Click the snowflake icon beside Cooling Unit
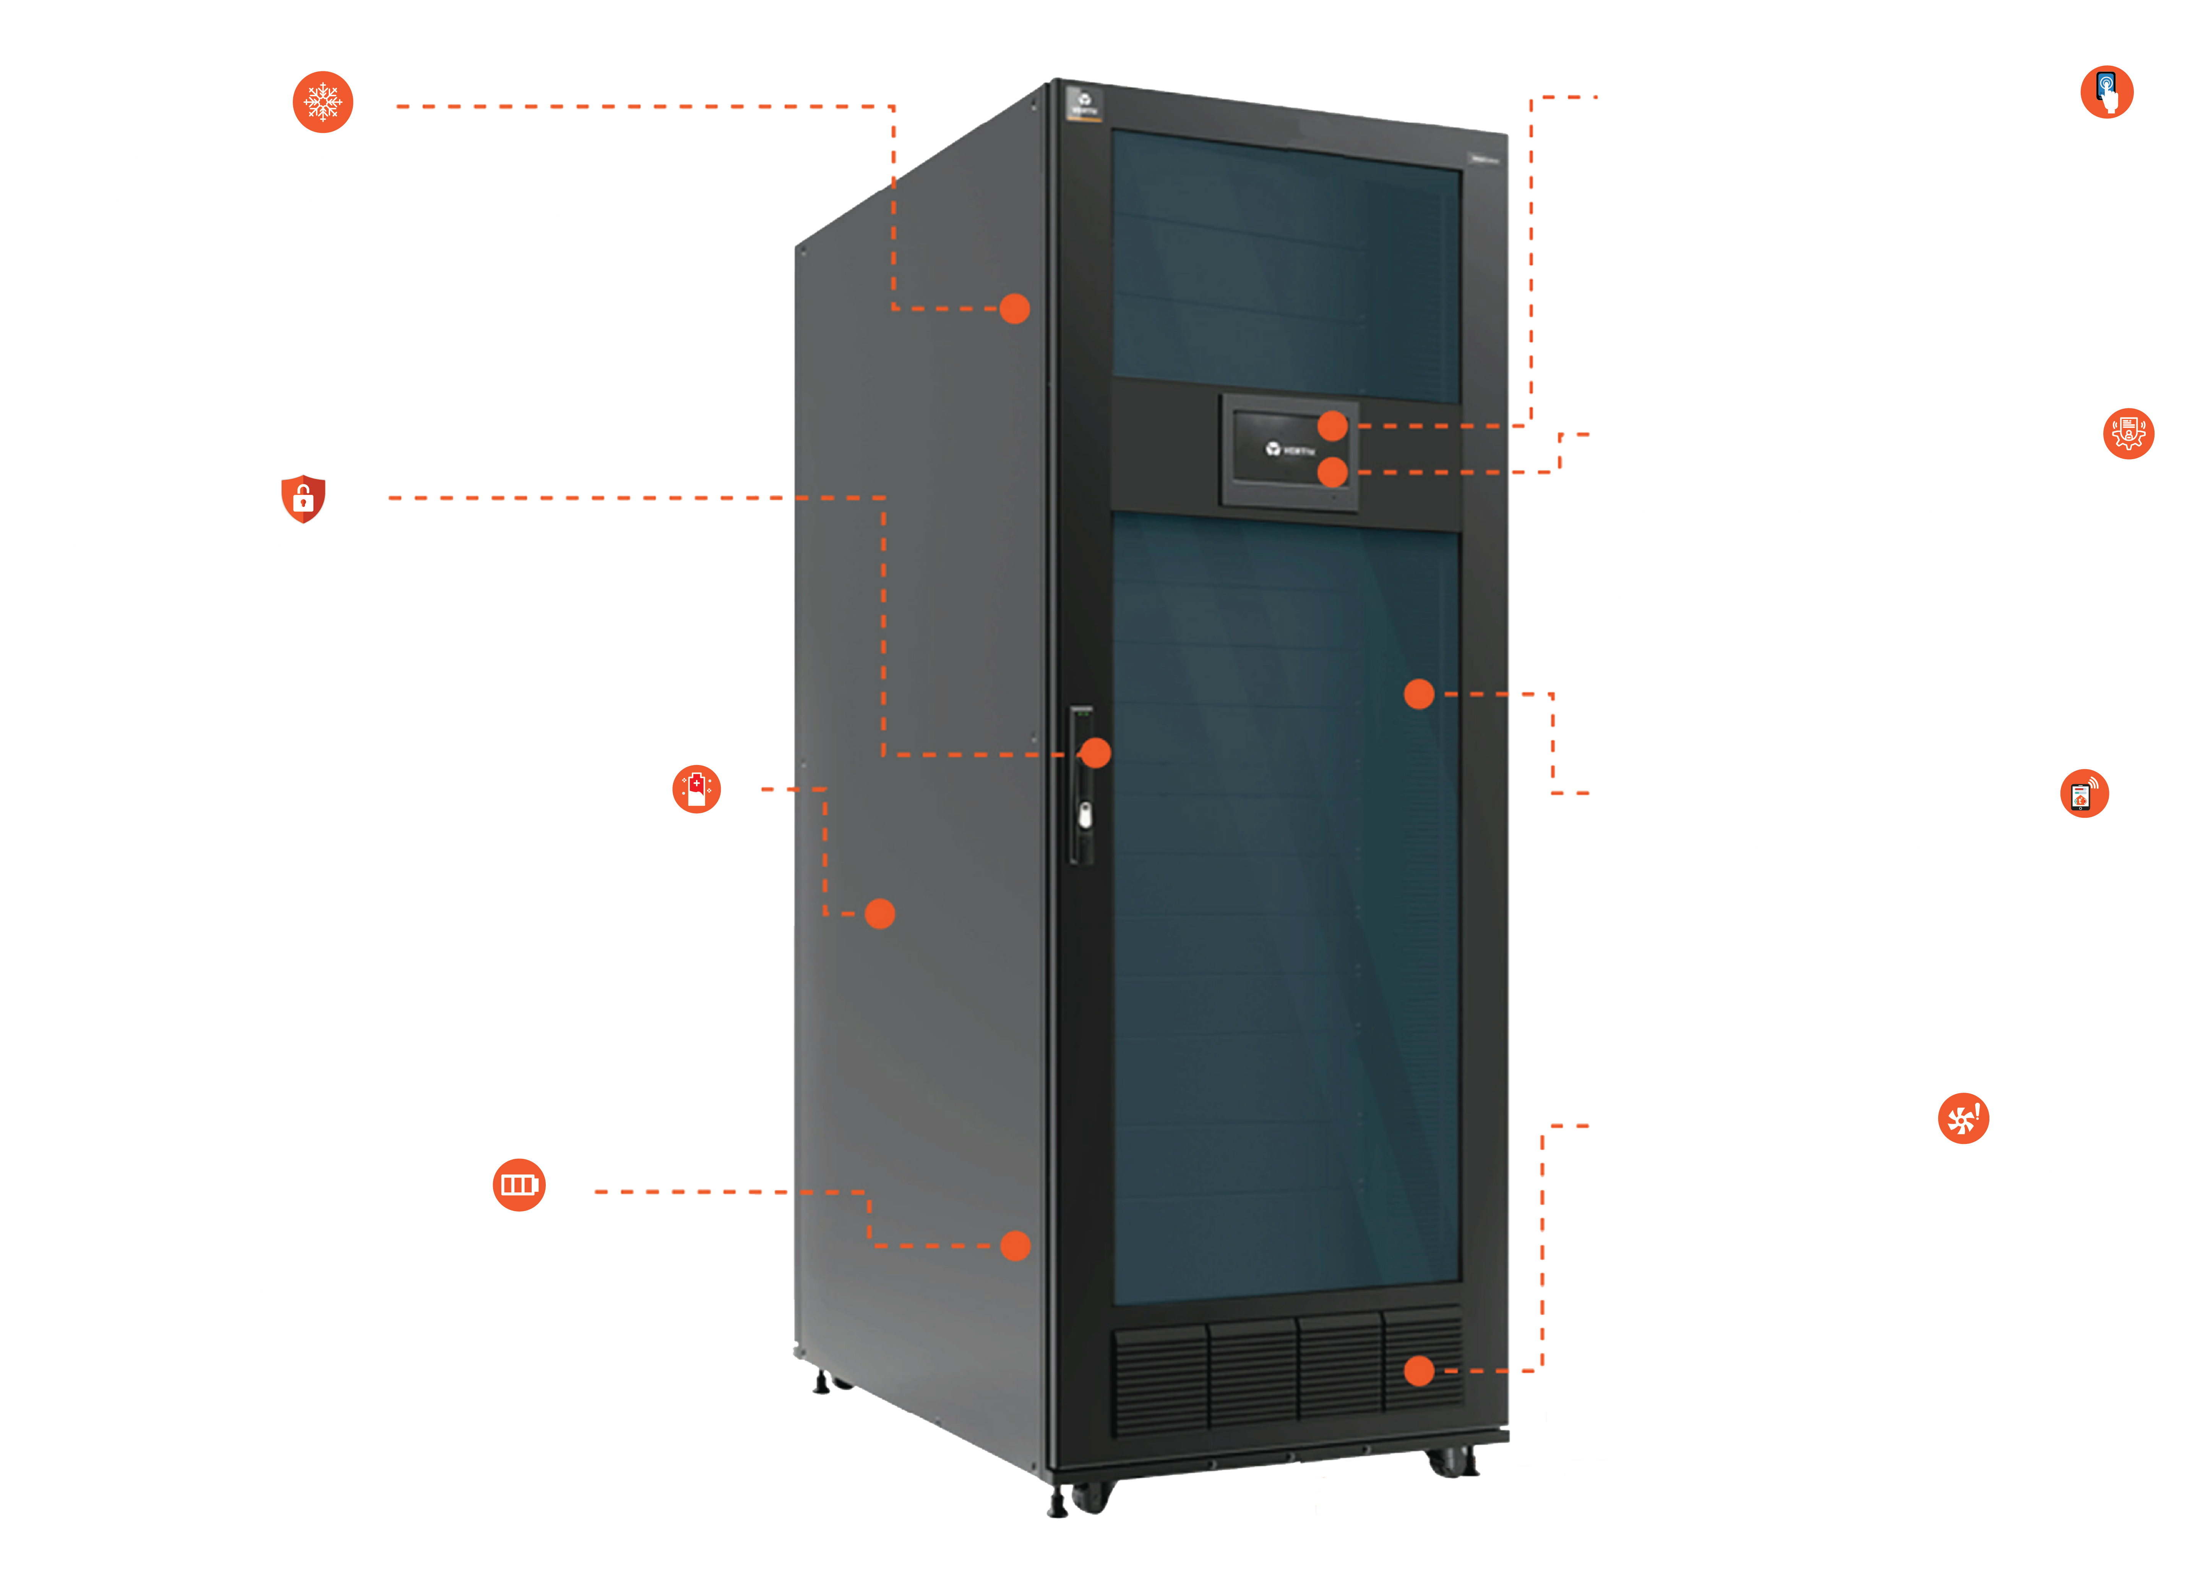[323, 102]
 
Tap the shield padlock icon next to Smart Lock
[302, 498]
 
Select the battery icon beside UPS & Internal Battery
[519, 1184]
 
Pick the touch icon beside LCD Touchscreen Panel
[2106, 92]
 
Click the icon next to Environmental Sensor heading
[2084, 795]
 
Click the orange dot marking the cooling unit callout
[1014, 308]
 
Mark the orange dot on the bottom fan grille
[1418, 1370]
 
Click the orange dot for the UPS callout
[1015, 1246]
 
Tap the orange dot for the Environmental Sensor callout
[1418, 694]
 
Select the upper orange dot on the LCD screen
[1332, 425]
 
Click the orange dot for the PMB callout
[879, 913]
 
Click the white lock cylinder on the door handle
[1085, 816]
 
